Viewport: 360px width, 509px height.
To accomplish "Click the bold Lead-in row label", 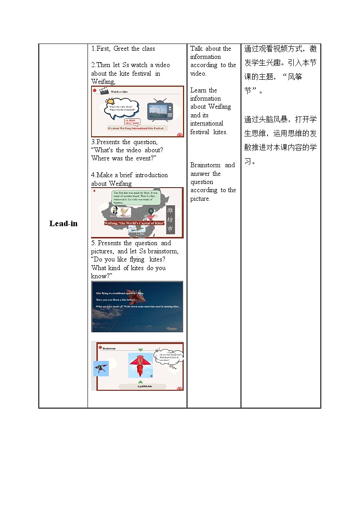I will (63, 223).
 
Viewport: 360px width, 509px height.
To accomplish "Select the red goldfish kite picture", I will (141, 365).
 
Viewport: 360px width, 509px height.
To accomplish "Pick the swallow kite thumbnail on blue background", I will (101, 368).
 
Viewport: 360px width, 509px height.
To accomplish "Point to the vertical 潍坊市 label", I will (170, 219).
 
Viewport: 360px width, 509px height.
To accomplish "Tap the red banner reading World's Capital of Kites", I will (134, 223).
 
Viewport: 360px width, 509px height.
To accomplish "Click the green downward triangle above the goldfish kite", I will (141, 350).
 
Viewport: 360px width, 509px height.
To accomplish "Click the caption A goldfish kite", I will (145, 387).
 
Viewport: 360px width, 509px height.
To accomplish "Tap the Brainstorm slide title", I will (109, 349).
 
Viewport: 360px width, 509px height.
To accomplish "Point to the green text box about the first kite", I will (136, 197).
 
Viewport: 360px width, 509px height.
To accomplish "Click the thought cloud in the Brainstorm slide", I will (168, 357).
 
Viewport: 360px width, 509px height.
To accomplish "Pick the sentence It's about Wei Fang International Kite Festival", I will (137, 128).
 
